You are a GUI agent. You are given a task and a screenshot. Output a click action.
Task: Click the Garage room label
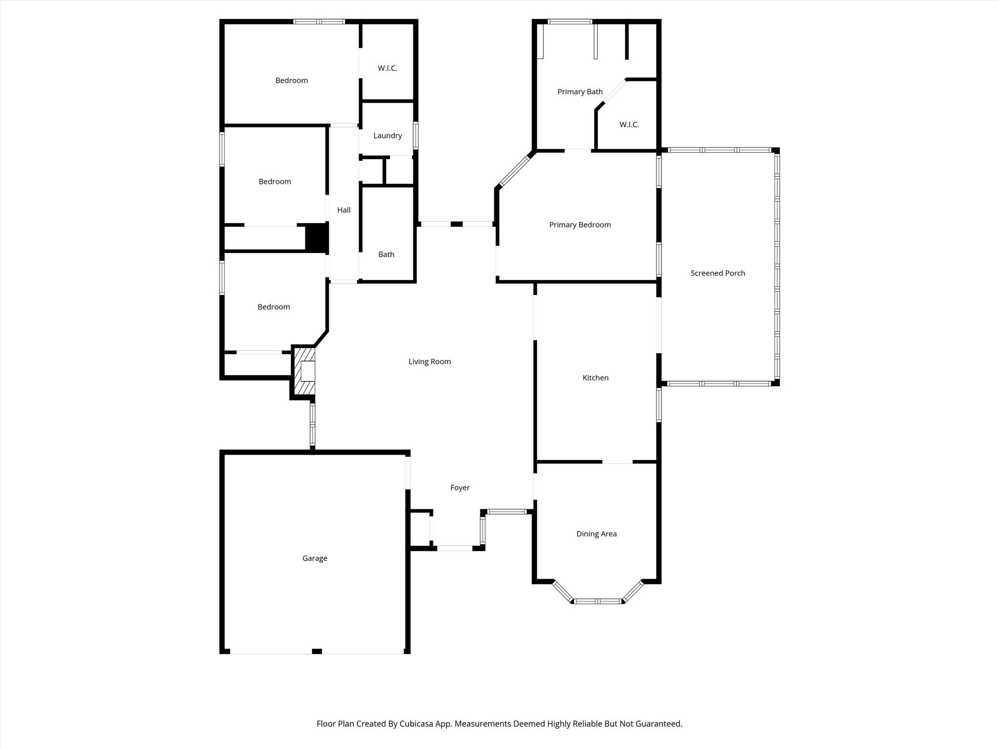pos(315,558)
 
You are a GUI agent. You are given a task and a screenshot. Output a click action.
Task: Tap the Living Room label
pos(429,361)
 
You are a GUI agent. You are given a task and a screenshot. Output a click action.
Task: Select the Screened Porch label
pos(718,273)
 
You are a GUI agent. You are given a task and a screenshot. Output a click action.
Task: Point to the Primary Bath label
pos(580,92)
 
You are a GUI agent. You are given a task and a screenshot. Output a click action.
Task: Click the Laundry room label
pos(387,136)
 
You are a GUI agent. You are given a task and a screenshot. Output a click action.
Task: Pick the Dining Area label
pos(596,534)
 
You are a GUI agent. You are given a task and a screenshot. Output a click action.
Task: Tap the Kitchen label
pos(595,378)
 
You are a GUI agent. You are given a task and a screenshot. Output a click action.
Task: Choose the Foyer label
pos(460,488)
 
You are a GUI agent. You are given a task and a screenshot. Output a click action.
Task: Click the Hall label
pos(343,210)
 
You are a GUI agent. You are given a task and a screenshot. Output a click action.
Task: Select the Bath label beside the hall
pos(386,255)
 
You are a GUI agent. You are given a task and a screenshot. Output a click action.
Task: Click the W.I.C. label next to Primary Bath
pos(629,125)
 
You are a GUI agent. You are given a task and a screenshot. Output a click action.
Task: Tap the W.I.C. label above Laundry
pos(387,68)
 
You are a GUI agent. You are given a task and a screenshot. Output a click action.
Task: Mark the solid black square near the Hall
pos(316,237)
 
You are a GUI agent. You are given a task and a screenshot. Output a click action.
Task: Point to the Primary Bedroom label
pos(579,225)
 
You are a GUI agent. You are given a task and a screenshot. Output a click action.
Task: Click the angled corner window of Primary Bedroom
pos(515,170)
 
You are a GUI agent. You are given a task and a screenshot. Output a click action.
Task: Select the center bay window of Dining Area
pos(599,601)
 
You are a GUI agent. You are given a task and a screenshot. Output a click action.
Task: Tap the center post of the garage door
pos(317,651)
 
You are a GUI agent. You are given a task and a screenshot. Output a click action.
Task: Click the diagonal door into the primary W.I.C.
pos(615,92)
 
